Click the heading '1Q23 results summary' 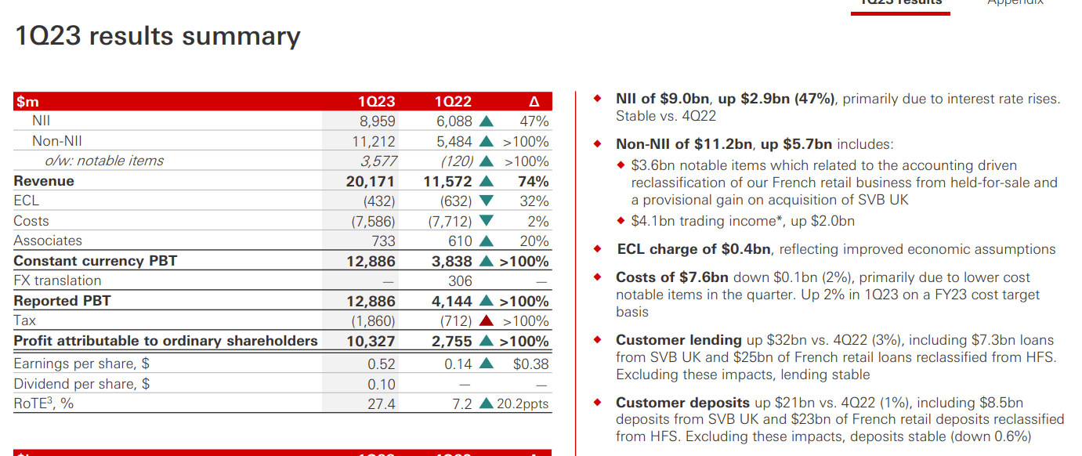tap(157, 36)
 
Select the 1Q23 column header tap(376, 102)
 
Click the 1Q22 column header tap(453, 102)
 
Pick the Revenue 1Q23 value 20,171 tap(371, 181)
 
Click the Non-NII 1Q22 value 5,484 tap(454, 142)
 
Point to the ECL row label tap(27, 201)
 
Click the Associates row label tap(48, 241)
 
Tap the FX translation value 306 tap(460, 280)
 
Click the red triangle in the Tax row tap(487, 321)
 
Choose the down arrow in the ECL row tap(487, 201)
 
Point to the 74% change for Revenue tap(534, 181)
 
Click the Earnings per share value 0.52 tap(382, 364)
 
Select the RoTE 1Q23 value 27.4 tap(382, 404)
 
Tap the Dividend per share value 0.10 tap(382, 385)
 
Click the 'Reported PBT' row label tap(62, 301)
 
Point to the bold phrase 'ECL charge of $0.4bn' tap(694, 249)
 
